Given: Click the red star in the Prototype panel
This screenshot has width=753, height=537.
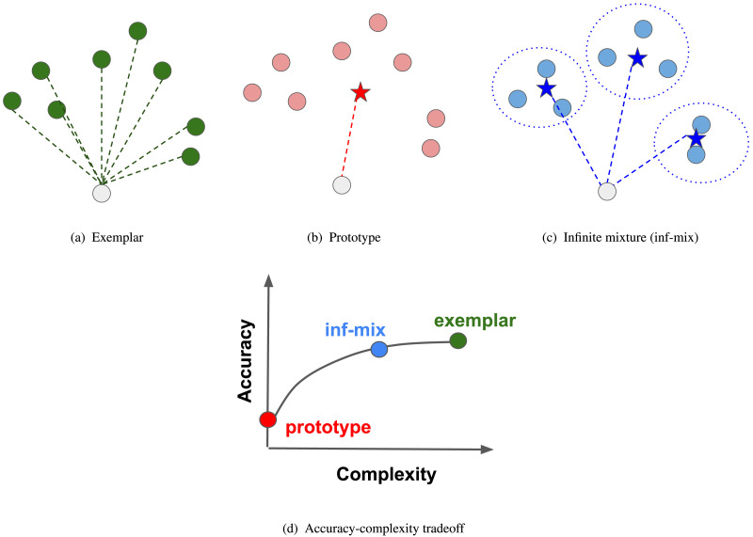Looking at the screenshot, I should tap(360, 92).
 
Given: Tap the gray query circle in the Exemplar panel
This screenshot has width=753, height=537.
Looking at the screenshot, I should tap(102, 193).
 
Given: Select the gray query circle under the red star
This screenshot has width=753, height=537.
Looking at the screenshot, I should tap(343, 185).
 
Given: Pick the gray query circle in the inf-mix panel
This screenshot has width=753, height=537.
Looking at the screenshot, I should tap(608, 192).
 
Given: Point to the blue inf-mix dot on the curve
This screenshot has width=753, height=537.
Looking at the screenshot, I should tap(379, 349).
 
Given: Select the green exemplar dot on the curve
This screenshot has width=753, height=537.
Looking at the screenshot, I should tap(458, 340).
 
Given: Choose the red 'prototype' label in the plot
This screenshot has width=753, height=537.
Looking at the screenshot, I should tap(328, 427).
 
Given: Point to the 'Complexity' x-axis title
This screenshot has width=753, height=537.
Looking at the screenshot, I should tap(386, 475).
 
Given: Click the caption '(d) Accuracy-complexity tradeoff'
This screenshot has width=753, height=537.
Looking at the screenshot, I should tap(376, 528).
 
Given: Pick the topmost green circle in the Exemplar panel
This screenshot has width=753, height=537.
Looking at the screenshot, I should tap(137, 31).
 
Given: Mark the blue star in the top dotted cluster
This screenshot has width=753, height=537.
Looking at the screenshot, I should tap(637, 57).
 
